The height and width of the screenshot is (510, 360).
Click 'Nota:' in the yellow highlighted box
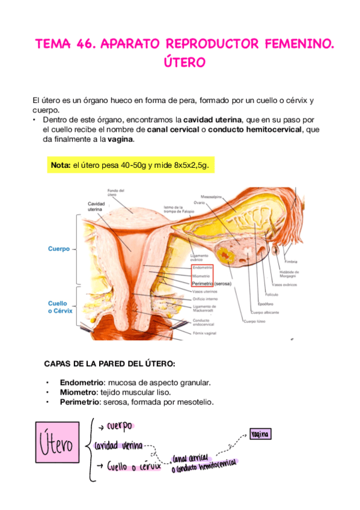tap(61, 165)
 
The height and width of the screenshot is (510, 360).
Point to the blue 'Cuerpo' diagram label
tap(59, 248)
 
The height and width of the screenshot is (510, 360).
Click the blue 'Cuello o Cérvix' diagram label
tap(58, 307)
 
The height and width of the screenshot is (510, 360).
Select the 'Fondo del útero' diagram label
tap(116, 192)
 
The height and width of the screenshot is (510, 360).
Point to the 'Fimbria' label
tap(291, 261)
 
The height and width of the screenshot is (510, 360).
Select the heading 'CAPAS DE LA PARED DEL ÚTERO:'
tap(110, 364)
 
